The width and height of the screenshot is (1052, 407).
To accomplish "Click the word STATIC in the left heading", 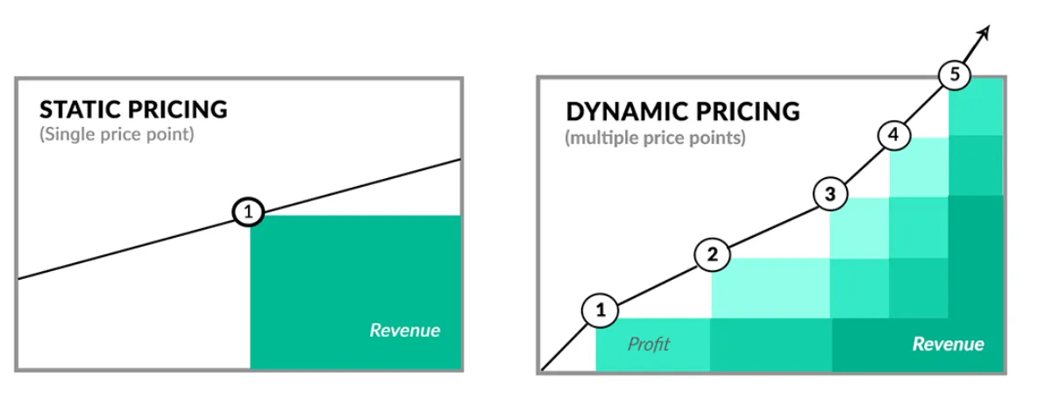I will [80, 110].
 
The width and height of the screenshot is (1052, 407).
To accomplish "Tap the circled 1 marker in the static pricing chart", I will [248, 211].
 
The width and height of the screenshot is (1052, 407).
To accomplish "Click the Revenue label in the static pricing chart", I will [404, 331].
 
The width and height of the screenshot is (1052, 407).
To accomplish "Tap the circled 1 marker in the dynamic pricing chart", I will [601, 309].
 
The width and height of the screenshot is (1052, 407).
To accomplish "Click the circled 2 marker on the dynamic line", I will [712, 255].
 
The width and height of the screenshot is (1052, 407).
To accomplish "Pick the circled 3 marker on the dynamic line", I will [830, 195].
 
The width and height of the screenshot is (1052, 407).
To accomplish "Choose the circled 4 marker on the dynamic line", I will [893, 135].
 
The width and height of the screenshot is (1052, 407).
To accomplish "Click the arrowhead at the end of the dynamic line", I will [984, 32].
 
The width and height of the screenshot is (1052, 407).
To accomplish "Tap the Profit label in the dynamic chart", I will [648, 344].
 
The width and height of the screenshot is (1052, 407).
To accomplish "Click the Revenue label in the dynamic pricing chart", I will [948, 344].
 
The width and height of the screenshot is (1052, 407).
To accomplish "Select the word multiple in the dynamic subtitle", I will [599, 139].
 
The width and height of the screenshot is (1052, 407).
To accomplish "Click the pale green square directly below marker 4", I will [920, 168].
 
